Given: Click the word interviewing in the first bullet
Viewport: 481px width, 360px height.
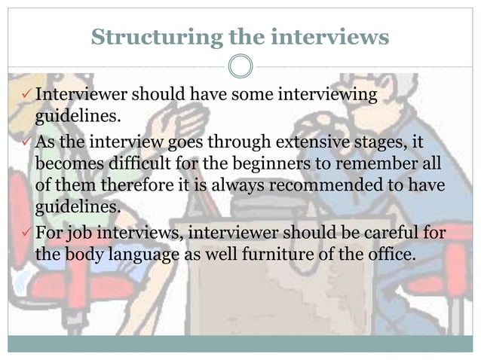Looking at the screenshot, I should tap(326, 96).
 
